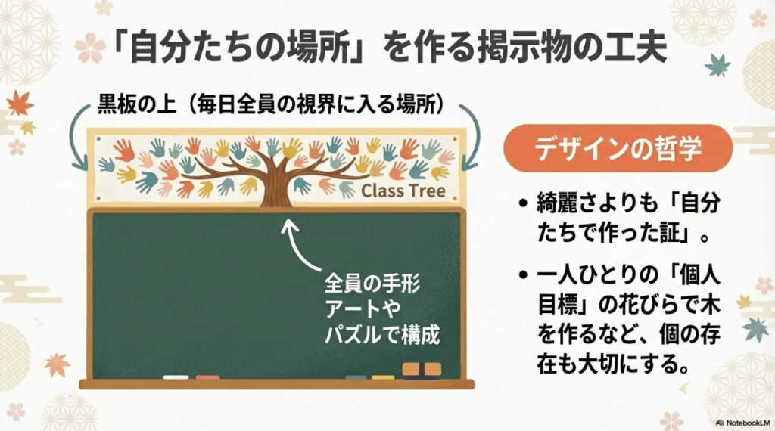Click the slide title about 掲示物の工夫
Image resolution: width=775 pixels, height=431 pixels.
[387, 47]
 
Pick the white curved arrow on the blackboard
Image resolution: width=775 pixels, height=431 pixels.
[299, 242]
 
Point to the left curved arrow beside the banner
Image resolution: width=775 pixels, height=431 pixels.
[75, 136]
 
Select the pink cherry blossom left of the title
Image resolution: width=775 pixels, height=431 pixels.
[90, 47]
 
